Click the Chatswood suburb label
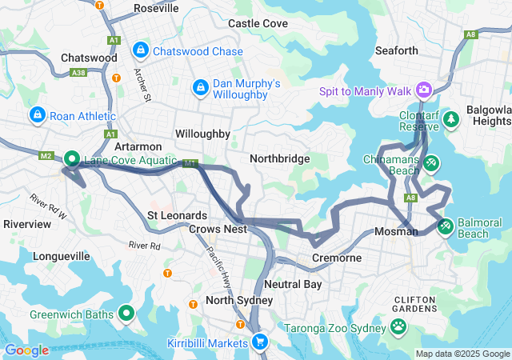[89, 58]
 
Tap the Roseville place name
[156, 8]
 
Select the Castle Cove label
[258, 24]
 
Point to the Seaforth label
[397, 50]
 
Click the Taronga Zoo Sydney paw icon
[398, 326]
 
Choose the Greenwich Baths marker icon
[126, 314]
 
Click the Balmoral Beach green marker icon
[446, 226]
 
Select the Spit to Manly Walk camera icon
[422, 90]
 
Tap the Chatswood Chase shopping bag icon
[141, 51]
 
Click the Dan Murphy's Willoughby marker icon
[201, 86]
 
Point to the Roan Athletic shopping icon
[37, 116]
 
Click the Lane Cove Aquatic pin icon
[71, 160]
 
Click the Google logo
[26, 350]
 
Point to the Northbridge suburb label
[279, 158]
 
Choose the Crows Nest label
[218, 229]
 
